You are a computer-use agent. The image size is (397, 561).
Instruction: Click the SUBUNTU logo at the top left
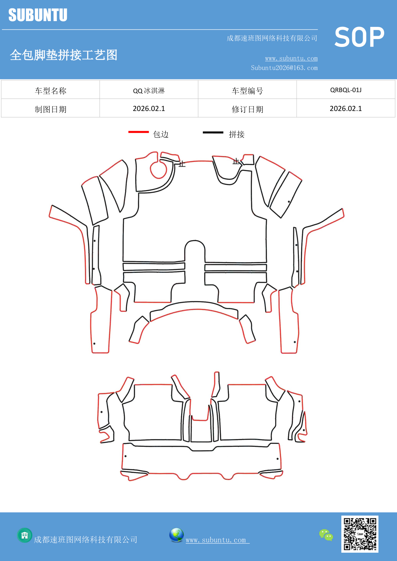(x=38, y=15)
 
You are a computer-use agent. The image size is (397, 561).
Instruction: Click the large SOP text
(x=359, y=37)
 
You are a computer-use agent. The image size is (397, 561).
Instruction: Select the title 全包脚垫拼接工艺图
(x=64, y=55)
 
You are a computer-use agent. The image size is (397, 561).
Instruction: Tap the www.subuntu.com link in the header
(x=291, y=59)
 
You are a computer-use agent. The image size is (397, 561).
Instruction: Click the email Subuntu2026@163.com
(x=284, y=68)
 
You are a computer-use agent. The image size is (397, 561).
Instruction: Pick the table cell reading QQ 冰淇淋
(x=149, y=91)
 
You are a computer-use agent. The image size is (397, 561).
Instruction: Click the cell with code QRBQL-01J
(x=346, y=90)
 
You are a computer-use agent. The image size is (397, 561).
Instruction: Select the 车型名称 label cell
(x=51, y=91)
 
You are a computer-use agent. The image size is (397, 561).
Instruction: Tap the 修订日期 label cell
(x=247, y=109)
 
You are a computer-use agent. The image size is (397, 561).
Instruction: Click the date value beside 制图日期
(x=149, y=109)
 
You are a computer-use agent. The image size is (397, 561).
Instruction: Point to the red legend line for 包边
(x=139, y=132)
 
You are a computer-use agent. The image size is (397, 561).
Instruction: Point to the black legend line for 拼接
(x=213, y=132)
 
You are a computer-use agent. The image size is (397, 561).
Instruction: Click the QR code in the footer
(x=360, y=534)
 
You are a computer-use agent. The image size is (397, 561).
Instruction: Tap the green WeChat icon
(x=326, y=535)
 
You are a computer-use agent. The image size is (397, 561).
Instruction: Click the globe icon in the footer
(x=176, y=535)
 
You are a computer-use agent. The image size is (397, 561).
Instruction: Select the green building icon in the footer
(x=25, y=535)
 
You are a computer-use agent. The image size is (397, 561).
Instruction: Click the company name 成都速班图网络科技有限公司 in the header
(x=272, y=38)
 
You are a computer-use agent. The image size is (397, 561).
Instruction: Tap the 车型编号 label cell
(x=247, y=91)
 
